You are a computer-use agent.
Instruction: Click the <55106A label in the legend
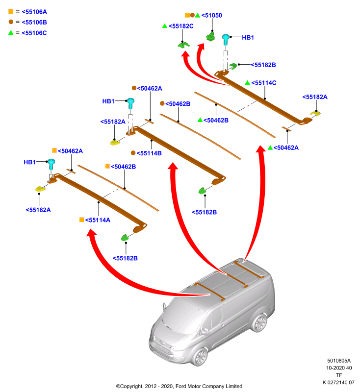tap(34, 12)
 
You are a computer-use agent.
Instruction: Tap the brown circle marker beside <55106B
tap(11, 22)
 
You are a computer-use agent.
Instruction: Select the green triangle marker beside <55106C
tap(11, 32)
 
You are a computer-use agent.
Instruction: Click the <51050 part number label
tap(212, 16)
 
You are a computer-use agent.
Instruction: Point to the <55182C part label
tap(181, 26)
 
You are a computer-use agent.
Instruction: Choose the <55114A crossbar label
tap(98, 220)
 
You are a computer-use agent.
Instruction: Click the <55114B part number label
tap(149, 153)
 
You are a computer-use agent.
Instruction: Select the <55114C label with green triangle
tap(264, 83)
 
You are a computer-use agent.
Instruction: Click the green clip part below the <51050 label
tap(210, 37)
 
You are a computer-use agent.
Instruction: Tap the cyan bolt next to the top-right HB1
tap(226, 40)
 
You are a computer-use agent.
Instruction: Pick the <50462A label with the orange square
tap(70, 151)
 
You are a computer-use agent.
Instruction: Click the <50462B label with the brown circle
tap(178, 104)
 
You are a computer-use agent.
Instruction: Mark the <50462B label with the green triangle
tap(216, 120)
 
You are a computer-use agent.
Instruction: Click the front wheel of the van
tap(200, 357)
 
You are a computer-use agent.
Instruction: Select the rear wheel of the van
tap(259, 323)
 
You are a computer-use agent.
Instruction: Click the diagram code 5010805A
tap(339, 361)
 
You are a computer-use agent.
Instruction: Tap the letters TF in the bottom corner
tap(339, 375)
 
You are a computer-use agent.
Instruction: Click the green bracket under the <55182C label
tap(183, 45)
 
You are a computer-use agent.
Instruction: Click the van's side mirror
tap(206, 331)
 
